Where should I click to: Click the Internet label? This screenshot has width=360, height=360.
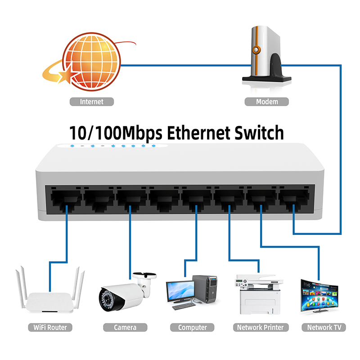click(x=91, y=102)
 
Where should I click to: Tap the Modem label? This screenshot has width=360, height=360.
click(x=267, y=102)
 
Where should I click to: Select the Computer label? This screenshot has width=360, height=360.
click(x=192, y=327)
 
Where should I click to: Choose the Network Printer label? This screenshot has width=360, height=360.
click(x=261, y=327)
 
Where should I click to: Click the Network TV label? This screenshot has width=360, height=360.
click(x=326, y=327)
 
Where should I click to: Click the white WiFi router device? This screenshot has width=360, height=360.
click(x=49, y=301)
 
